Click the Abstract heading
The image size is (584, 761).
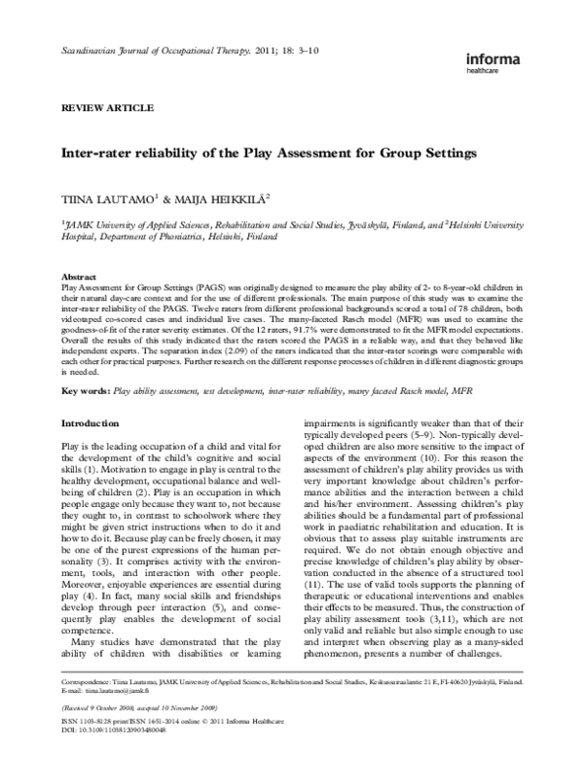click(79, 276)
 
